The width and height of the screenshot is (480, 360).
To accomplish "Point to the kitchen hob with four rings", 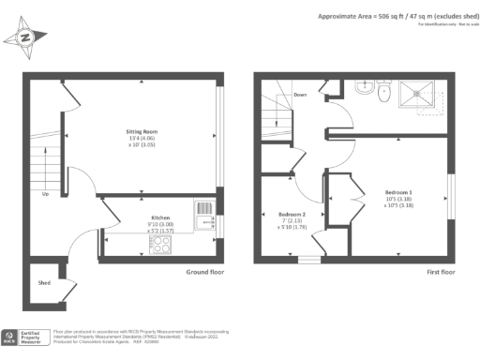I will click(x=160, y=245).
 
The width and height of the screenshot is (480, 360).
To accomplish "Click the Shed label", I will click(x=44, y=280).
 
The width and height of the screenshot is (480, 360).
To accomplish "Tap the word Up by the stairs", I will click(x=45, y=195).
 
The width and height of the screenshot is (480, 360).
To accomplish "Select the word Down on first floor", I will click(x=300, y=95).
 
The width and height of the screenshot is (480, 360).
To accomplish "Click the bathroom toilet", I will click(x=381, y=92).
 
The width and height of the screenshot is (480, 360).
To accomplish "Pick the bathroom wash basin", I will click(x=364, y=87).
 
